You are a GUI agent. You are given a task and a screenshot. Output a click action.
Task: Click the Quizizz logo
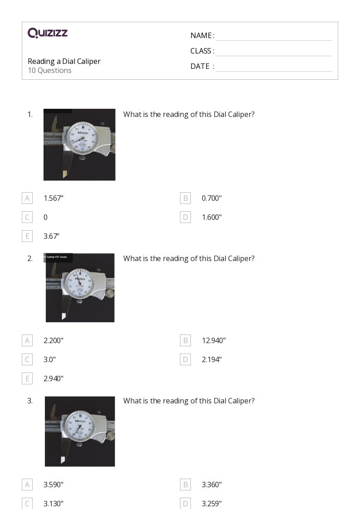pyautogui.click(x=48, y=33)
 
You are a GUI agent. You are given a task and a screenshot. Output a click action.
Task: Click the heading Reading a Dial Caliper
pyautogui.click(x=64, y=61)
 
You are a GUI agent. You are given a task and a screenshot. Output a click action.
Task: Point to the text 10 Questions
pyautogui.click(x=49, y=71)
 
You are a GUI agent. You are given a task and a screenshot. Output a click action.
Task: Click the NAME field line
pyautogui.click(x=274, y=36)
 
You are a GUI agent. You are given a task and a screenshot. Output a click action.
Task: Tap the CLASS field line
pyautogui.click(x=274, y=52)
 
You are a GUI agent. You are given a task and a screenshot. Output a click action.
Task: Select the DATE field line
pyautogui.click(x=274, y=67)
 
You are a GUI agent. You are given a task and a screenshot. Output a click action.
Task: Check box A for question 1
pyautogui.click(x=27, y=198)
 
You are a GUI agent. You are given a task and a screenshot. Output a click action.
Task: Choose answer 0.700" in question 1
pyautogui.click(x=212, y=198)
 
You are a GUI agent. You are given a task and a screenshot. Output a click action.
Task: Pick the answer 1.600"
pyautogui.click(x=212, y=217)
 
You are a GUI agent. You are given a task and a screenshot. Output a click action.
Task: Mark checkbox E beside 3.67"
pyautogui.click(x=27, y=236)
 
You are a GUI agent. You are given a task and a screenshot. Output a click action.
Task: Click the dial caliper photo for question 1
pyautogui.click(x=79, y=145)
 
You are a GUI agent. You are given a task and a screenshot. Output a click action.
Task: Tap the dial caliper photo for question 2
pyautogui.click(x=80, y=287)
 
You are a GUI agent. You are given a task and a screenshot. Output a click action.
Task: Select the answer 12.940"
pyautogui.click(x=214, y=340)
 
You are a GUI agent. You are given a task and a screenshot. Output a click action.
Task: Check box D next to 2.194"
pyautogui.click(x=185, y=359)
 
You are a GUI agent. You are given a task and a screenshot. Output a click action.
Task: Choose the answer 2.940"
pyautogui.click(x=54, y=378)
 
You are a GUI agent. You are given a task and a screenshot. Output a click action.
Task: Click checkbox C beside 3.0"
pyautogui.click(x=27, y=359)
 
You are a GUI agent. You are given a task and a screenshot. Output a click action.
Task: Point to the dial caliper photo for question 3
pyautogui.click(x=80, y=431)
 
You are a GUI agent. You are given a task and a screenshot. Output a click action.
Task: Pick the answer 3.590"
pyautogui.click(x=54, y=485)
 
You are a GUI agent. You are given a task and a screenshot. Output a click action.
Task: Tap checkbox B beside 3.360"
pyautogui.click(x=185, y=485)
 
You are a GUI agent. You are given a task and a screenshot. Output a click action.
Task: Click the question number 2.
pyautogui.click(x=30, y=258)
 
